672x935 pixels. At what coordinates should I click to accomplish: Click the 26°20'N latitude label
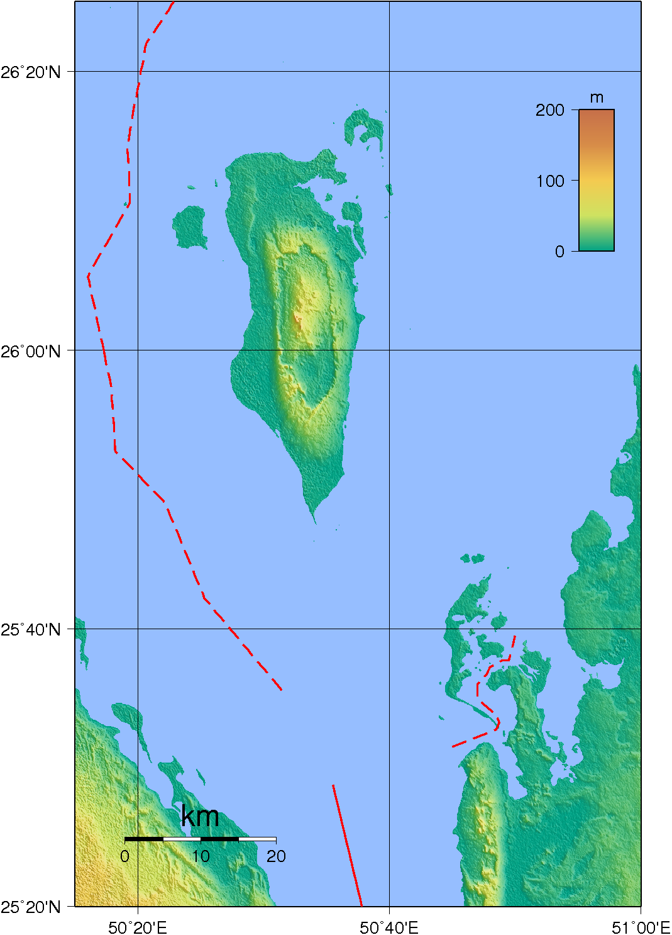31,72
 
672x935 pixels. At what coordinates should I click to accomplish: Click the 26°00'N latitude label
31,351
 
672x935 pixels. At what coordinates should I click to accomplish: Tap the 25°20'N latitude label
31,907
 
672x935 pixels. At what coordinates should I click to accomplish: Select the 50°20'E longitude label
138,927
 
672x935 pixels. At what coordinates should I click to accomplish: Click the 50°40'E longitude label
389,927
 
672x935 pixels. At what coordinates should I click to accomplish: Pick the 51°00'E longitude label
641,927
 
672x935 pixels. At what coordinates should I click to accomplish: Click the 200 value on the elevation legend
550,110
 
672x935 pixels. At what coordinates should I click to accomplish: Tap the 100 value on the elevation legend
550,181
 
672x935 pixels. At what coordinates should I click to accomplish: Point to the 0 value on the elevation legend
559,252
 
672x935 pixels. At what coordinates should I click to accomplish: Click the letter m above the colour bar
597,98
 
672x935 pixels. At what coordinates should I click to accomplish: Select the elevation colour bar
596,181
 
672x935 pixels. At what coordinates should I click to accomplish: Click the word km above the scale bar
200,817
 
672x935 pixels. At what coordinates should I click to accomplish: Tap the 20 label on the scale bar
276,856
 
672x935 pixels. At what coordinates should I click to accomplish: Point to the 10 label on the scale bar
201,856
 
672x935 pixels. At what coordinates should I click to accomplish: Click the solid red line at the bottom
348,846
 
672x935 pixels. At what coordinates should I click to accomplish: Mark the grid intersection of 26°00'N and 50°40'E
389,350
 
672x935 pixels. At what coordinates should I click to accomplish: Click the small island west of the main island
189,227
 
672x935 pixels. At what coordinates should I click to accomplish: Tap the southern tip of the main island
315,521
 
